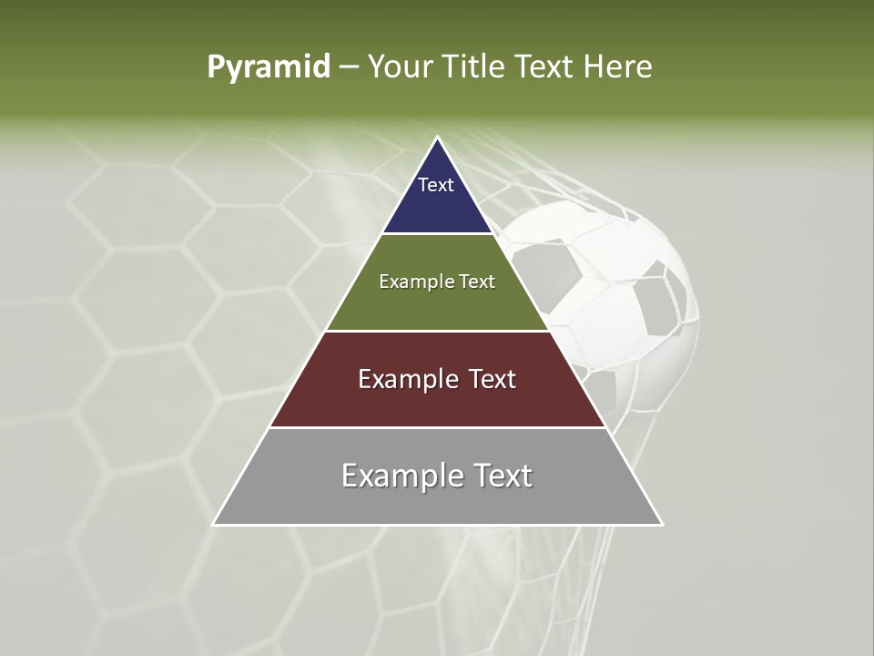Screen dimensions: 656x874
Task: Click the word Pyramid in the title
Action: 268,67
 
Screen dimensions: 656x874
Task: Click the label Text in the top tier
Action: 436,185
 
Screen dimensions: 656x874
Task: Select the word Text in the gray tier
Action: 497,476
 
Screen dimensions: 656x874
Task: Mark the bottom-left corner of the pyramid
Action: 214,524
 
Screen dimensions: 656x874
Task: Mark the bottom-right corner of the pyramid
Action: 662,524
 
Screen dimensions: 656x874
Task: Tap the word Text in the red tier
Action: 491,379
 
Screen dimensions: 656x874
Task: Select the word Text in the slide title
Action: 544,67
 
